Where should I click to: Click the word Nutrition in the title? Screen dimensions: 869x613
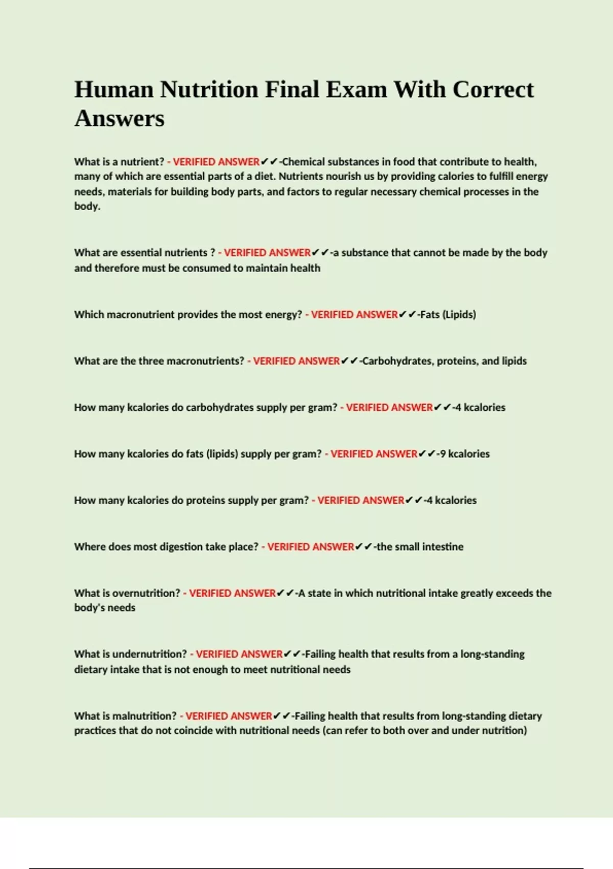click(209, 89)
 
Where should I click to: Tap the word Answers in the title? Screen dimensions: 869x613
click(120, 119)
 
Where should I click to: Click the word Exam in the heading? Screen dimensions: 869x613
click(356, 89)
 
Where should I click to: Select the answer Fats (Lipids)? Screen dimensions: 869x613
click(447, 314)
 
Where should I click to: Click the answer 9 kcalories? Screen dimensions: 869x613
click(464, 454)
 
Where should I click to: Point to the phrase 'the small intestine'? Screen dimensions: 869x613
click(420, 547)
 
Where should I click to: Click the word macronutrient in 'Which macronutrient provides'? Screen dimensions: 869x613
click(140, 314)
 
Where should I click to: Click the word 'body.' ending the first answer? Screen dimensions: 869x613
click(87, 207)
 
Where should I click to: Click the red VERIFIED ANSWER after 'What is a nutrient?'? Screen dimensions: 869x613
click(216, 162)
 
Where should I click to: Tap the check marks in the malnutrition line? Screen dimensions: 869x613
click(281, 716)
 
